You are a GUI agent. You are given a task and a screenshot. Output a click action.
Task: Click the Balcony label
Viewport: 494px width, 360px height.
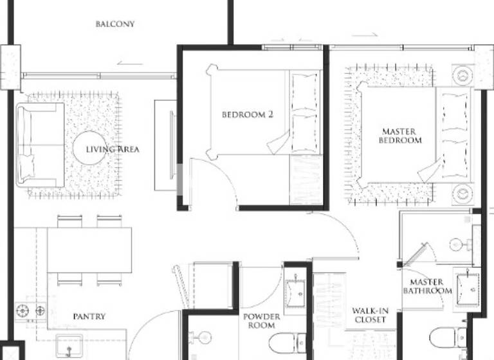click(115, 24)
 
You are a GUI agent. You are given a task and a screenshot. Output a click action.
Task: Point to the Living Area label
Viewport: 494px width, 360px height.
click(113, 150)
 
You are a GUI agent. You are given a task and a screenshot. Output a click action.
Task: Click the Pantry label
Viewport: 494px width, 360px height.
click(89, 316)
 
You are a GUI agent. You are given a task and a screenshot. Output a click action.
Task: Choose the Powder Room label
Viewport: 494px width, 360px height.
click(261, 321)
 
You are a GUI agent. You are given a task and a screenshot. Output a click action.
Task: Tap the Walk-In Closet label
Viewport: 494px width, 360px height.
click(369, 316)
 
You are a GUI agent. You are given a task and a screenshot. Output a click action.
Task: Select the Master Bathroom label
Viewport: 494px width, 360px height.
click(427, 287)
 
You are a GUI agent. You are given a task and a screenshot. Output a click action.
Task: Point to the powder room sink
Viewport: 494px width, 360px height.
click(296, 292)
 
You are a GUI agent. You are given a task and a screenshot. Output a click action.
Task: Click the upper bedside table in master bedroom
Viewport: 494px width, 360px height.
click(462, 75)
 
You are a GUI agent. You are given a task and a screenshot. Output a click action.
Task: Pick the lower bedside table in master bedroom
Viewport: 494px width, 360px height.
click(462, 194)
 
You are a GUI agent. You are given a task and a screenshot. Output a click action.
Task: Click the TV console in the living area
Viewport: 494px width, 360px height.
click(165, 145)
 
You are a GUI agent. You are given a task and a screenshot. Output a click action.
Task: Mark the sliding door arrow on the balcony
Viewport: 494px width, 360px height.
click(131, 63)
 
